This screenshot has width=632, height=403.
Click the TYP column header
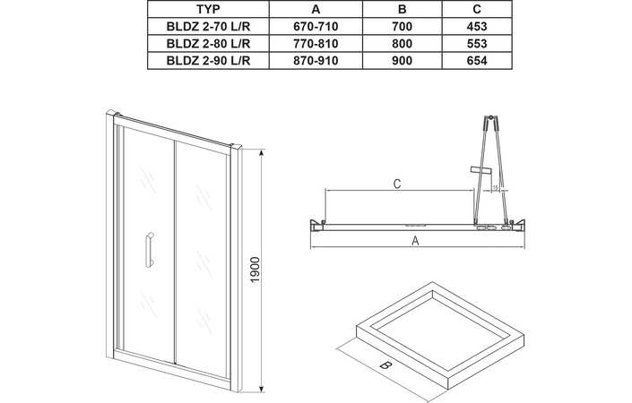tap(208, 9)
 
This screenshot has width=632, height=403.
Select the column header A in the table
tap(316, 9)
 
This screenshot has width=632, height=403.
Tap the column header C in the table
tap(477, 9)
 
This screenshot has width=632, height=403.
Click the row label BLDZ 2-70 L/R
tap(208, 26)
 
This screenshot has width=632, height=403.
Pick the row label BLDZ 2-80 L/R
tap(208, 43)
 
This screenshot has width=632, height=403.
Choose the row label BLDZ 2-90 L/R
tap(208, 60)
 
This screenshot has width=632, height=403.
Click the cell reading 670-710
tap(316, 26)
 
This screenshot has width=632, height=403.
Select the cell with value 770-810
tap(316, 43)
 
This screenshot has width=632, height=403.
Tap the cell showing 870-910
tap(316, 60)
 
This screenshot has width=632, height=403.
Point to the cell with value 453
tap(477, 26)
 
